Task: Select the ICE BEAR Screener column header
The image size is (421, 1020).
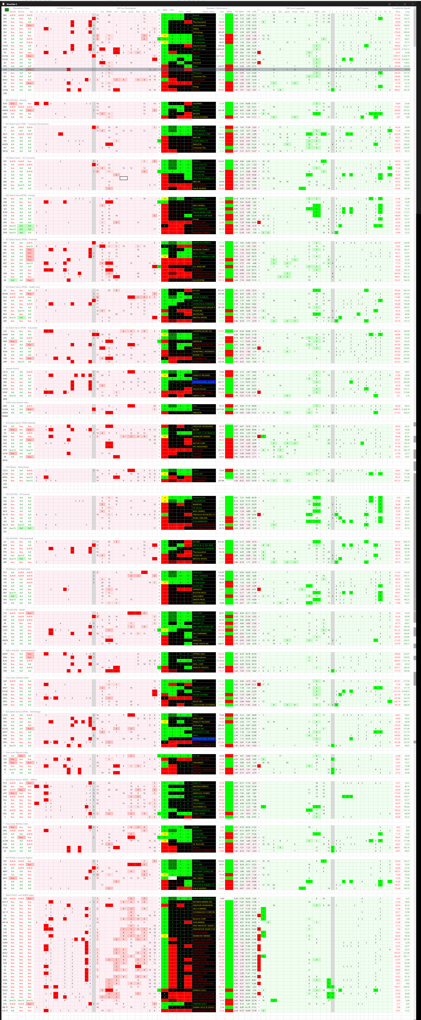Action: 65,8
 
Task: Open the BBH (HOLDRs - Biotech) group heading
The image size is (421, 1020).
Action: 16,100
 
